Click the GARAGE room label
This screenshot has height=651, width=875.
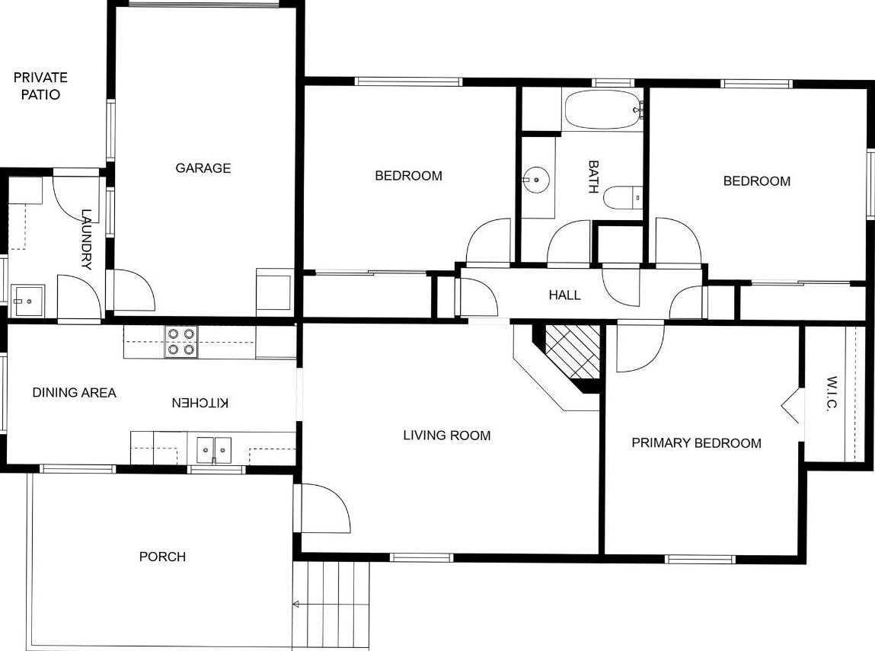click(x=203, y=168)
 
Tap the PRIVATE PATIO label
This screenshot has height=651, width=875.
click(x=40, y=86)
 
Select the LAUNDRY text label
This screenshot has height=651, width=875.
click(x=86, y=240)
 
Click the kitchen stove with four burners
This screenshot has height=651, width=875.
click(x=181, y=341)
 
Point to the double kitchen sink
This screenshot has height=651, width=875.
click(x=213, y=448)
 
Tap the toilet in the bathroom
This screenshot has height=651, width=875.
click(x=623, y=198)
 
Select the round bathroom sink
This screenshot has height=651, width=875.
click(x=537, y=180)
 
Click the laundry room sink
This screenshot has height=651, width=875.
click(x=29, y=301)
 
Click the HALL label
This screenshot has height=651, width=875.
click(x=564, y=295)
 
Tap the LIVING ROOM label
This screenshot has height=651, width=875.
click(x=446, y=436)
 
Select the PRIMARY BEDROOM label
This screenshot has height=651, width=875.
click(x=696, y=443)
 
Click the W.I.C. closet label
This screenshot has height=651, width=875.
click(x=831, y=394)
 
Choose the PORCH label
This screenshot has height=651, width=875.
click(x=162, y=557)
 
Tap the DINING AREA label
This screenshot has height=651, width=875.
click(x=74, y=393)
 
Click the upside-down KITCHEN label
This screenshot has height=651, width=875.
click(x=200, y=402)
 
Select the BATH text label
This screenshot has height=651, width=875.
click(x=594, y=177)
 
